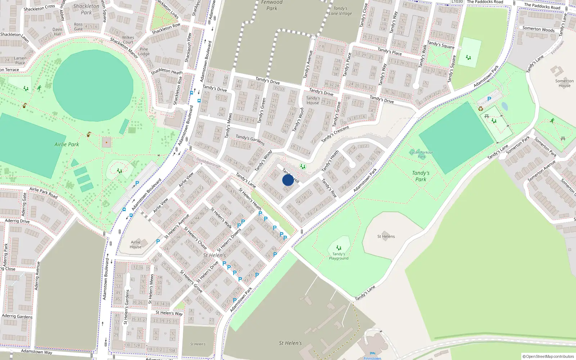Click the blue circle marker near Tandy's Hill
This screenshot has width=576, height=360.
(288, 180)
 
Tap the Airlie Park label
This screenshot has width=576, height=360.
(67, 144)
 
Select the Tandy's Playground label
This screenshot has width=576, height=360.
(338, 256)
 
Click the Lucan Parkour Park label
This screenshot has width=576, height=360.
(421, 154)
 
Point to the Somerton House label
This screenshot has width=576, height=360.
(564, 83)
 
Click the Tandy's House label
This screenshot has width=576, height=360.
(313, 100)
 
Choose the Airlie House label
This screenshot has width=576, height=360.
(135, 244)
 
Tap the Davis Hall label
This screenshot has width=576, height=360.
(57, 32)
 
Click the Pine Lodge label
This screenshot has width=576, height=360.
(144, 51)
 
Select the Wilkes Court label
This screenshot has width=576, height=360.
(128, 40)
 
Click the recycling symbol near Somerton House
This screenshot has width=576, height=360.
(481, 109)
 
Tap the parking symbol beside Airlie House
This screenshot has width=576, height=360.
(158, 242)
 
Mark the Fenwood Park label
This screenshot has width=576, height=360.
(272, 5)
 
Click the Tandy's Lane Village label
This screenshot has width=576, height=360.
(340, 11)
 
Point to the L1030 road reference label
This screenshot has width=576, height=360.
(457, 2)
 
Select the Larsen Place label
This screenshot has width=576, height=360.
(20, 60)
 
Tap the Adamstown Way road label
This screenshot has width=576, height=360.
(36, 351)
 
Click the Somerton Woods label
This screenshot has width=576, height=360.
(539, 29)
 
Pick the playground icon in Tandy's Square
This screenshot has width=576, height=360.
(468, 57)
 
